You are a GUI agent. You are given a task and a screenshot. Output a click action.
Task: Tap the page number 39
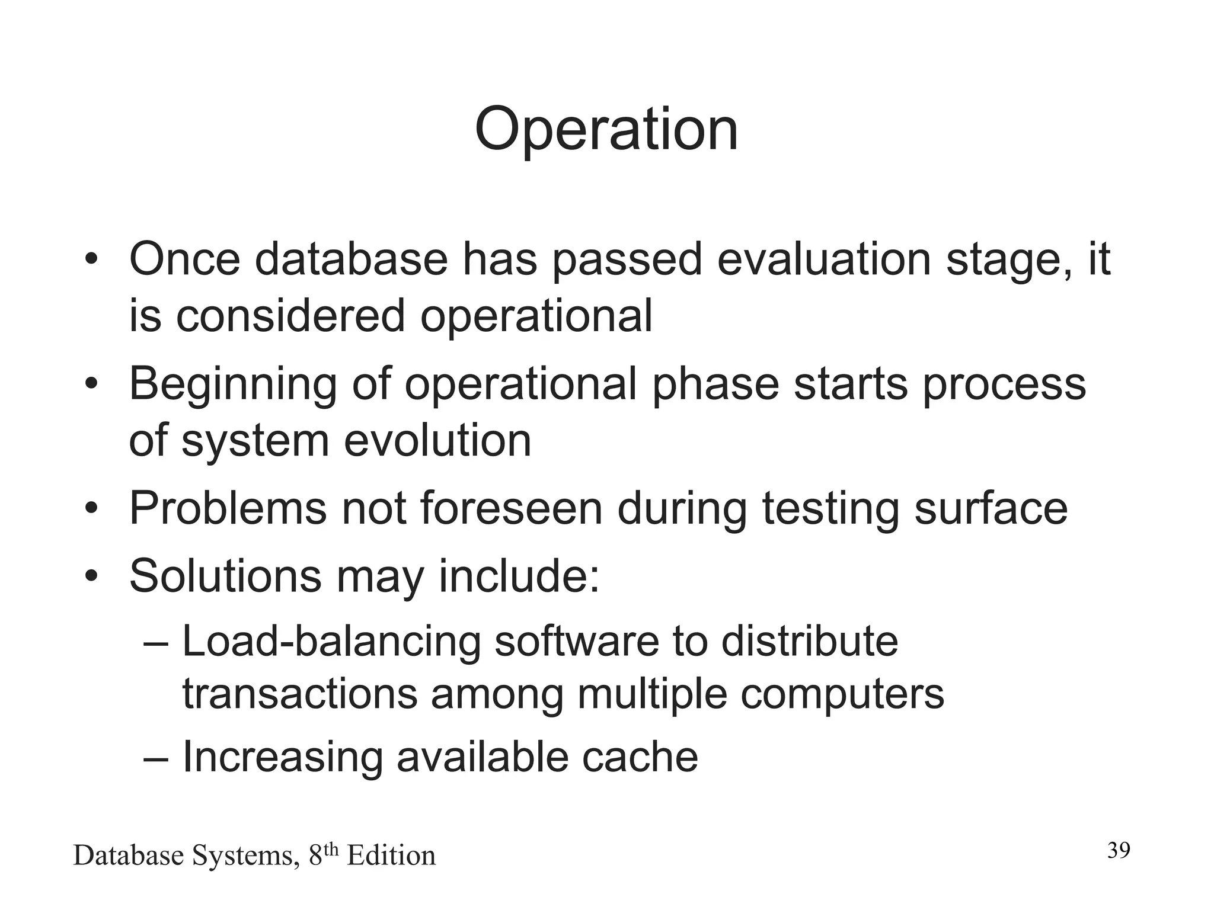coord(1119,851)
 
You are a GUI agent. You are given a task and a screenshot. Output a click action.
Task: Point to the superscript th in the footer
coord(331,850)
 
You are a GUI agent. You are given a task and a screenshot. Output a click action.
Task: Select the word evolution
coord(437,441)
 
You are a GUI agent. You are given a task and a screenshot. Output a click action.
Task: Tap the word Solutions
coord(225,576)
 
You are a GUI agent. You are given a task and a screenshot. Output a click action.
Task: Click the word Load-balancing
coord(331,642)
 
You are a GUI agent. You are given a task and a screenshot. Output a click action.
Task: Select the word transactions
coord(299,694)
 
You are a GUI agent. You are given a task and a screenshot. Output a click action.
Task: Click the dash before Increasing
coord(156,758)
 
